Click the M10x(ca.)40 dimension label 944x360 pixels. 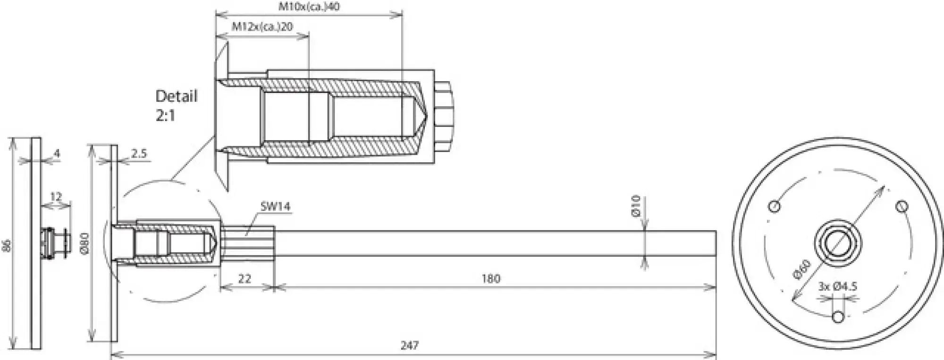coord(309,7)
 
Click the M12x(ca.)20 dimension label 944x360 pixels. coord(262,26)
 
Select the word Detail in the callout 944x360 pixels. coord(176,96)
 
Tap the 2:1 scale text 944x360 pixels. coord(165,116)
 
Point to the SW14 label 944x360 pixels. coord(275,206)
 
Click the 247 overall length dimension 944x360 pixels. coord(409,345)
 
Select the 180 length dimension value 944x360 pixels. coord(491,279)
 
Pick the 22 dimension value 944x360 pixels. coord(244,279)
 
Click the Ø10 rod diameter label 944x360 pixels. coord(636,206)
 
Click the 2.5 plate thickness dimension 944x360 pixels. coord(139,153)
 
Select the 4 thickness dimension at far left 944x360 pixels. coord(57,153)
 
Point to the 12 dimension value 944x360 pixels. coord(56,197)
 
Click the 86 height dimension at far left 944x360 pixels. coord(7,244)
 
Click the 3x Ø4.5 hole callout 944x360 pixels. coord(838,286)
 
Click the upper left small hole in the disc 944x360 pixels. coord(774,206)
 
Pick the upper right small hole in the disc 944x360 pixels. coord(902,206)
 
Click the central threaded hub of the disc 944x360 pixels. coord(838,243)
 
